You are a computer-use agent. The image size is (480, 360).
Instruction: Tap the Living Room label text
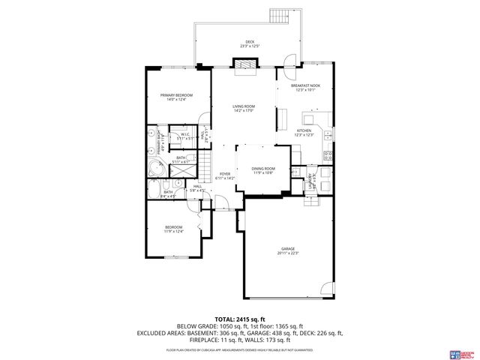point(244,109)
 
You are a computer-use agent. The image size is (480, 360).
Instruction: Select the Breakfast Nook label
point(306,88)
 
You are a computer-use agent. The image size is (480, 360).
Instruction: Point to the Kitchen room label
point(304,133)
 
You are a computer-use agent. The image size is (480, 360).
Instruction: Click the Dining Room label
point(263,170)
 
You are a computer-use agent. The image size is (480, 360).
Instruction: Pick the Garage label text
point(288,250)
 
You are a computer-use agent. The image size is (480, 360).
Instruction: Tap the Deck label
point(249,43)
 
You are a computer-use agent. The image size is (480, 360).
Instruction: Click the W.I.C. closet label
point(184,136)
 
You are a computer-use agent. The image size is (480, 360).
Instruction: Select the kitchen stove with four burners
point(328,157)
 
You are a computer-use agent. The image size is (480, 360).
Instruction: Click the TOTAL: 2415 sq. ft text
point(240,319)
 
